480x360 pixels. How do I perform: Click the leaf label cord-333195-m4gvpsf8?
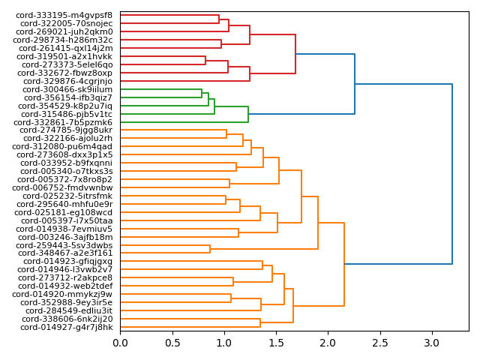pyautogui.click(x=64, y=15)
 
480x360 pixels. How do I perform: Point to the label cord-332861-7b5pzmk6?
pyautogui.click(x=64, y=122)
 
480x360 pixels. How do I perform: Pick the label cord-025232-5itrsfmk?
pyautogui.click(x=65, y=196)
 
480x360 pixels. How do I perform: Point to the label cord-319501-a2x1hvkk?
pyautogui.click(x=64, y=56)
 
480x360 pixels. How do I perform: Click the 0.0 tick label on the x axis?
pyautogui.click(x=120, y=343)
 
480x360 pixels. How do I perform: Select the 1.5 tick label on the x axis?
pyautogui.click(x=276, y=343)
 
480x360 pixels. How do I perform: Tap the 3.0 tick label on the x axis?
pyautogui.click(x=432, y=343)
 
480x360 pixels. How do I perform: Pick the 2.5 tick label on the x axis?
pyautogui.click(x=379, y=343)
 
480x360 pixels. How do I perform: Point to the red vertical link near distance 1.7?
pyautogui.click(x=296, y=54)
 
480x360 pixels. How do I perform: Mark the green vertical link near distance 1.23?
pyautogui.click(x=248, y=114)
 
